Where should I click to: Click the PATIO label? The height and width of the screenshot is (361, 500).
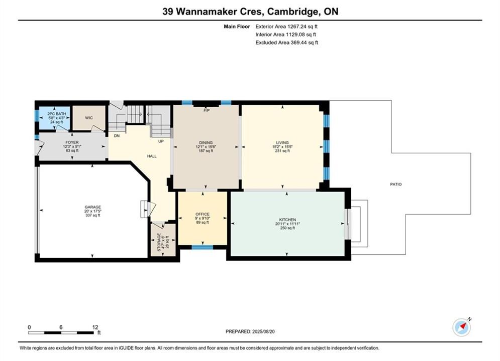[395, 184]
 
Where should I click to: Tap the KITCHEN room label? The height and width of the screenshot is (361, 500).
[287, 220]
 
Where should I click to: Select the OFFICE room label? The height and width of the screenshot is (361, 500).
[203, 214]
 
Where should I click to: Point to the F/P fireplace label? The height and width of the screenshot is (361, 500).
[207, 110]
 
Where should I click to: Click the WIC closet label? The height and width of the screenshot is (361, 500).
[89, 118]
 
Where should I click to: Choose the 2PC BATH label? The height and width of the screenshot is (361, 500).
[57, 114]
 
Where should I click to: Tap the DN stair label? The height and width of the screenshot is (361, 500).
[117, 135]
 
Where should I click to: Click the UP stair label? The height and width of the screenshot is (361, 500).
[161, 141]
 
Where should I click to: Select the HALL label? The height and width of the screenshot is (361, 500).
[152, 156]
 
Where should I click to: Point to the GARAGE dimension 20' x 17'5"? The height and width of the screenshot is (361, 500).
[93, 211]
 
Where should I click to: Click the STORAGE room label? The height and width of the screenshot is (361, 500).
[159, 242]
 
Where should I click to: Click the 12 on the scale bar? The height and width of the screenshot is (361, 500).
[95, 327]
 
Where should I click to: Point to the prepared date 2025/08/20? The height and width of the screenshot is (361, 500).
[263, 331]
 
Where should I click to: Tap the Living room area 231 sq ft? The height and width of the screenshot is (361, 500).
[282, 151]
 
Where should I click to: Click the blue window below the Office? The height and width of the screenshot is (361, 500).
[202, 247]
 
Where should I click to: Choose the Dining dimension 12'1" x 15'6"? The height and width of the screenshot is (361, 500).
[206, 147]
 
